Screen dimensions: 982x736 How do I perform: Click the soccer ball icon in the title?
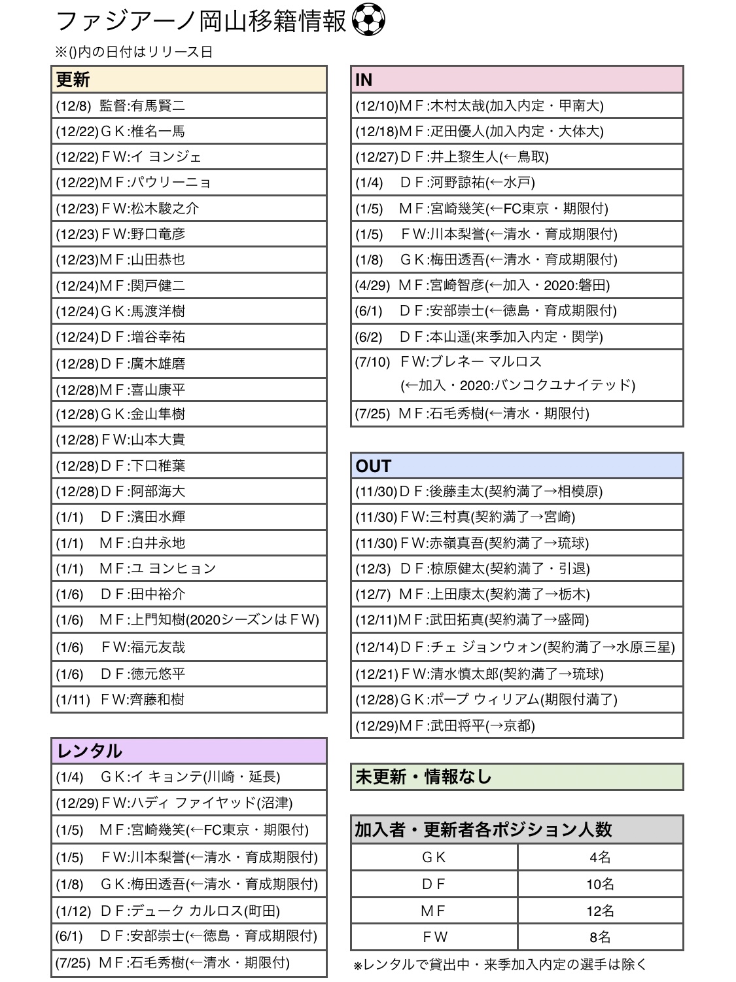[368, 21]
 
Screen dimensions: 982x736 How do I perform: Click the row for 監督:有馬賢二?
[188, 105]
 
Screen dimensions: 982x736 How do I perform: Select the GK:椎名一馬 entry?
[188, 132]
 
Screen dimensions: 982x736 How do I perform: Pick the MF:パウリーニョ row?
[188, 183]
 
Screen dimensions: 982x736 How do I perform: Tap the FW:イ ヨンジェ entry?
[188, 157]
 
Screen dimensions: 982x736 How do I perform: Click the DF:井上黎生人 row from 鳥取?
[517, 157]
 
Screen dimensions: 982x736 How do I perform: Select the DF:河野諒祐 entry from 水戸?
[517, 183]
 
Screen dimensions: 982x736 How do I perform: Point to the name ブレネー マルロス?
[485, 362]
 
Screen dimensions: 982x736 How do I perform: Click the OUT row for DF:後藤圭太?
[517, 492]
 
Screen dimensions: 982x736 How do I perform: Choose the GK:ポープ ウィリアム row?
[517, 700]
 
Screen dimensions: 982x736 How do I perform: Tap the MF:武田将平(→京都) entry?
[517, 725]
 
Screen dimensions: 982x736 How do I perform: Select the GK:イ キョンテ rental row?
[188, 777]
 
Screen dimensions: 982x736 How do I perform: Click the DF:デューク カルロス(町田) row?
[188, 911]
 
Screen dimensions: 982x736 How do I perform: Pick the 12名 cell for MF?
[600, 911]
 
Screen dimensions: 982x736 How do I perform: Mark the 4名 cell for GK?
[600, 858]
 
